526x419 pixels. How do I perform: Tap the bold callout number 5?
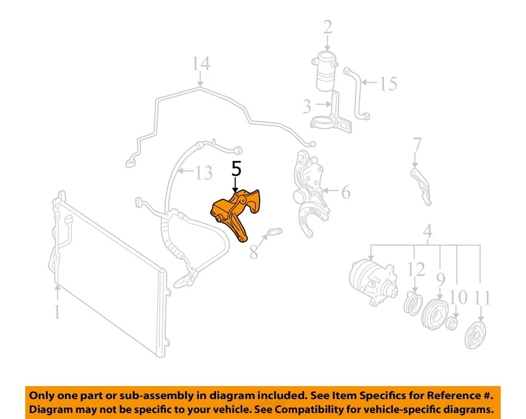(x=236, y=168)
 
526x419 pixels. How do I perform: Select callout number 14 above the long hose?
(x=201, y=64)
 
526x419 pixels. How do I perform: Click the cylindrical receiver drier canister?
(x=327, y=71)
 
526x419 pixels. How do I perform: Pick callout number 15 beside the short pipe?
(x=387, y=83)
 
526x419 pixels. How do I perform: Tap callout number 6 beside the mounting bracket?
(x=345, y=192)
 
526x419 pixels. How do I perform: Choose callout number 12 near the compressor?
(x=416, y=269)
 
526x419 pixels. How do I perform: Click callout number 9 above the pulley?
(x=441, y=280)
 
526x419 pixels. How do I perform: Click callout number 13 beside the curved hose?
(x=203, y=173)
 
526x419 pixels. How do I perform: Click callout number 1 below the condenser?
(x=56, y=312)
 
